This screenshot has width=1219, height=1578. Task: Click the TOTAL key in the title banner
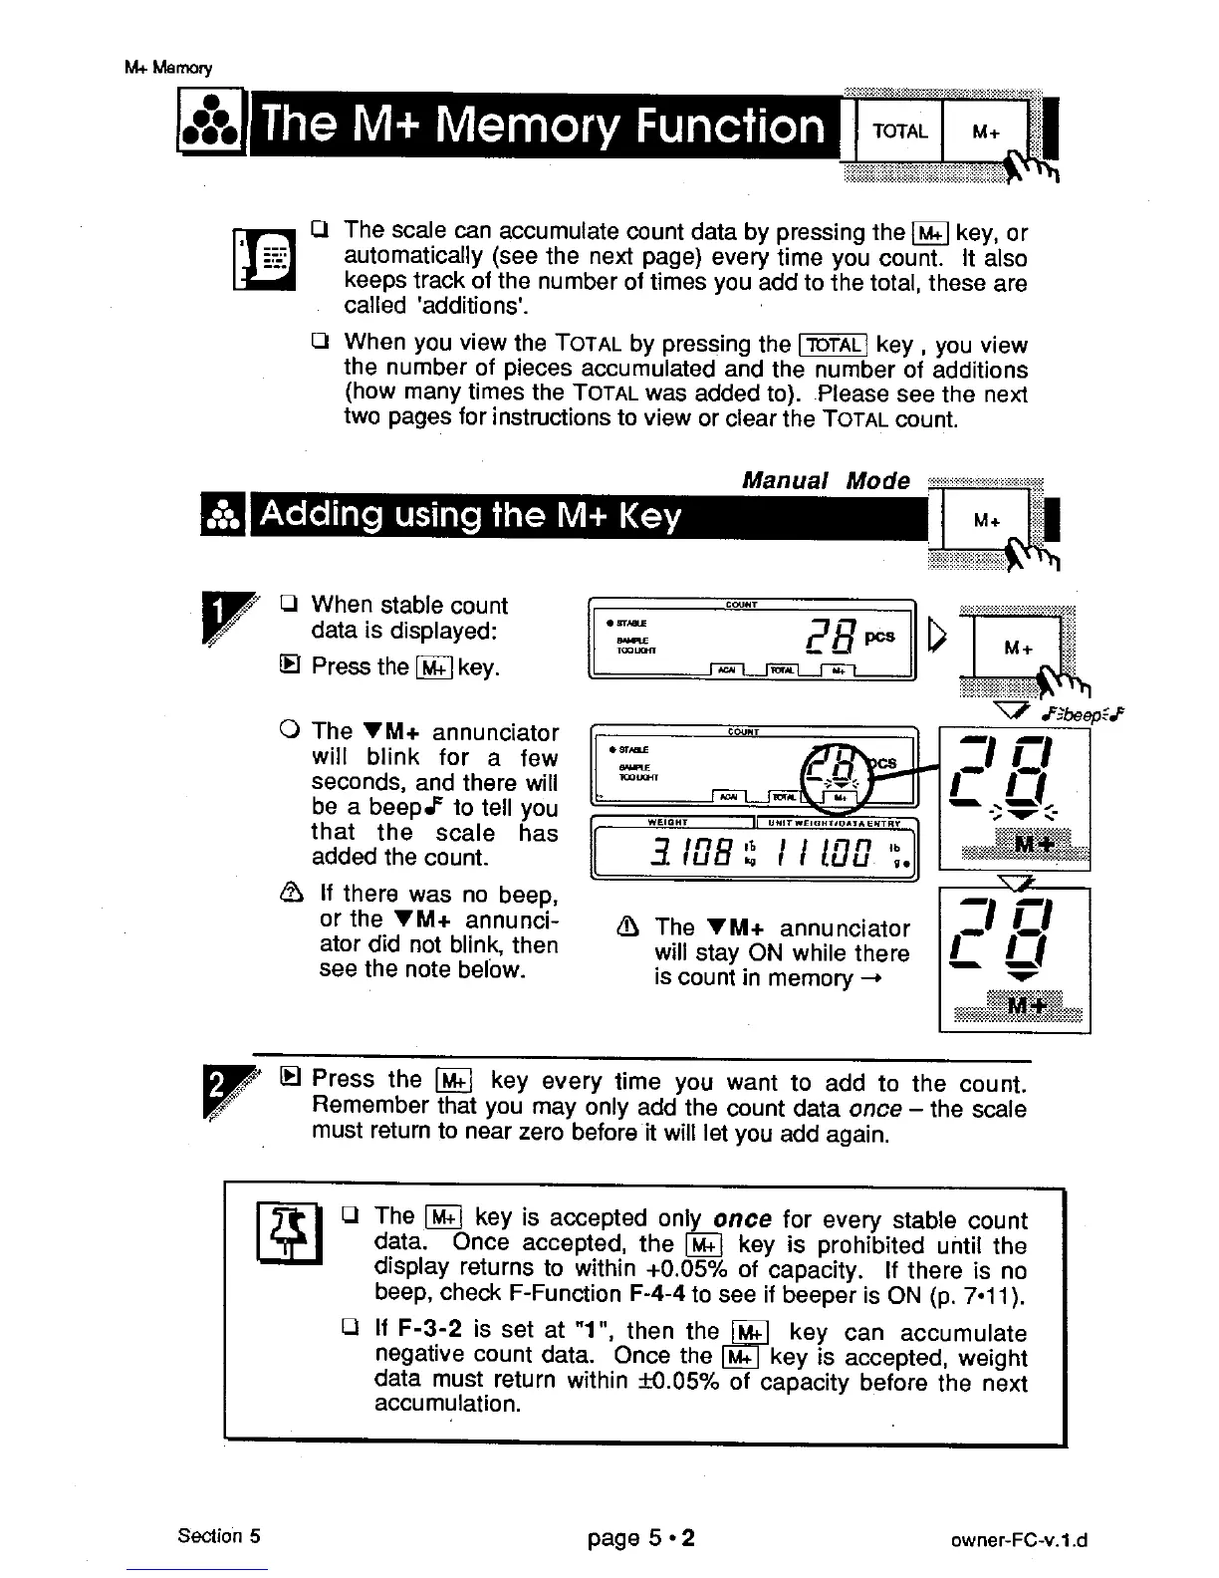tap(899, 131)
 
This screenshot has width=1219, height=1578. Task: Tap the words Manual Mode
tap(826, 481)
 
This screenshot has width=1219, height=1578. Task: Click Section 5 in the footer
tap(219, 1535)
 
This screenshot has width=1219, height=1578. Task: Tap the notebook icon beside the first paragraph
tap(263, 257)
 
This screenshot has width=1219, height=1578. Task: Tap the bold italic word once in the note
tap(743, 1219)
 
